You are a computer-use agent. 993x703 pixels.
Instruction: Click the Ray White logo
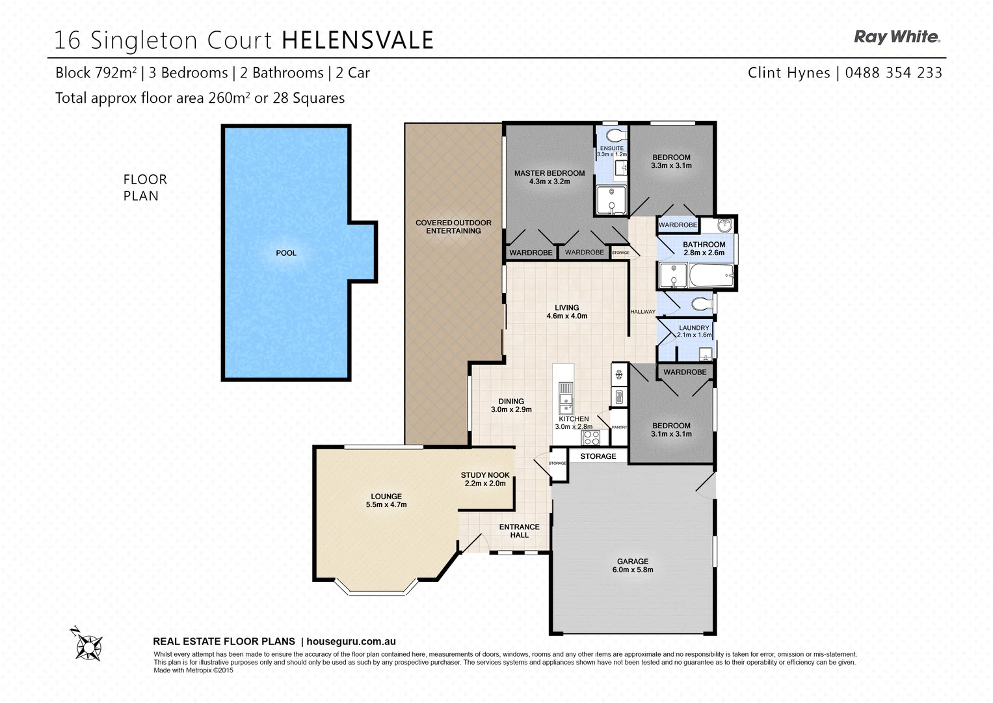[897, 37]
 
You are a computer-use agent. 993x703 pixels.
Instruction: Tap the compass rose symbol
[87, 645]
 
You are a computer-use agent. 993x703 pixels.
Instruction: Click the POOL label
[286, 253]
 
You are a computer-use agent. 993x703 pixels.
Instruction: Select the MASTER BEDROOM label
[549, 173]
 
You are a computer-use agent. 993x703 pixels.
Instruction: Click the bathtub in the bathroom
[710, 275]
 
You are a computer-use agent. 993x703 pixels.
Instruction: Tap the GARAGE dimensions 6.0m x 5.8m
[633, 570]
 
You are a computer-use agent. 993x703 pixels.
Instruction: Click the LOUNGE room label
[386, 496]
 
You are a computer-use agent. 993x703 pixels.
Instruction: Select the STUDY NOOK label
[485, 475]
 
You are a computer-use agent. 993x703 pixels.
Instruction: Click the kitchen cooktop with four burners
[591, 437]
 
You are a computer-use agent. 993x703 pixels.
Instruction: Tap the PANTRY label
[619, 428]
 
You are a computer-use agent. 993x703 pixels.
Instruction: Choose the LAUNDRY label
[694, 328]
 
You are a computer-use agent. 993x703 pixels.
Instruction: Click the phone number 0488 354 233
[894, 73]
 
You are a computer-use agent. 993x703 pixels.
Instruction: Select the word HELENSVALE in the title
[358, 40]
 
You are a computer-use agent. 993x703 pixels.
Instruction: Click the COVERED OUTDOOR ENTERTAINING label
[453, 227]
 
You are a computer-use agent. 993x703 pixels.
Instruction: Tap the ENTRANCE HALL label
[519, 531]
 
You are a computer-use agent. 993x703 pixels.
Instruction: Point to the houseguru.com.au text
[351, 642]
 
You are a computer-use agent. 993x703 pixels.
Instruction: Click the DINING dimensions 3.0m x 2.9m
[511, 410]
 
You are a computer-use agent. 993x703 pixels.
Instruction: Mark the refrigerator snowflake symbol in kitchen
[619, 374]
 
